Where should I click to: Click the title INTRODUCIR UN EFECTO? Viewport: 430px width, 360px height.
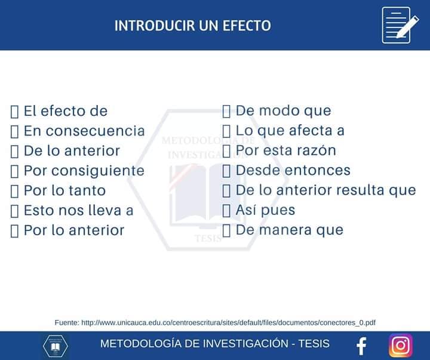(x=192, y=26)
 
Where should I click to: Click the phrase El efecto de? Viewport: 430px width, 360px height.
(x=66, y=111)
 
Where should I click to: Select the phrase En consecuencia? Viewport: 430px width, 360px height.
(x=84, y=131)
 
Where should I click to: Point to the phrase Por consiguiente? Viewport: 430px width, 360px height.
(x=84, y=171)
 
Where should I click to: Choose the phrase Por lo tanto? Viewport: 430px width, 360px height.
(x=64, y=191)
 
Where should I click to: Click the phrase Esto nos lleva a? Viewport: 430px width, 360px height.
(x=78, y=211)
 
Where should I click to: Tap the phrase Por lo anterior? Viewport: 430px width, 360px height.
(x=74, y=230)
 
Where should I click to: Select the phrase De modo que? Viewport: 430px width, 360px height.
(x=283, y=110)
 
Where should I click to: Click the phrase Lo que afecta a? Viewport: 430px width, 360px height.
(x=290, y=130)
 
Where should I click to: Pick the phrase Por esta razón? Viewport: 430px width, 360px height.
(x=285, y=150)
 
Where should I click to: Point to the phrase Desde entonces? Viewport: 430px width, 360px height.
(x=293, y=170)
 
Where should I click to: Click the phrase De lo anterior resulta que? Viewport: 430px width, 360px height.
(x=325, y=190)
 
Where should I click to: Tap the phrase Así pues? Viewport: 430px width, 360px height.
(x=265, y=210)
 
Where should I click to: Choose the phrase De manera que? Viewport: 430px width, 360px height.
(x=289, y=230)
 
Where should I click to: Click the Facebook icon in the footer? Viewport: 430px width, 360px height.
(x=361, y=346)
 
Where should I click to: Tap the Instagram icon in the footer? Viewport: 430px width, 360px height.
(x=401, y=345)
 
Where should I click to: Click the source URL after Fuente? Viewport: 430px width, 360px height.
(x=228, y=322)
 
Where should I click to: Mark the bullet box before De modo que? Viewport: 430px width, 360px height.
(x=226, y=111)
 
